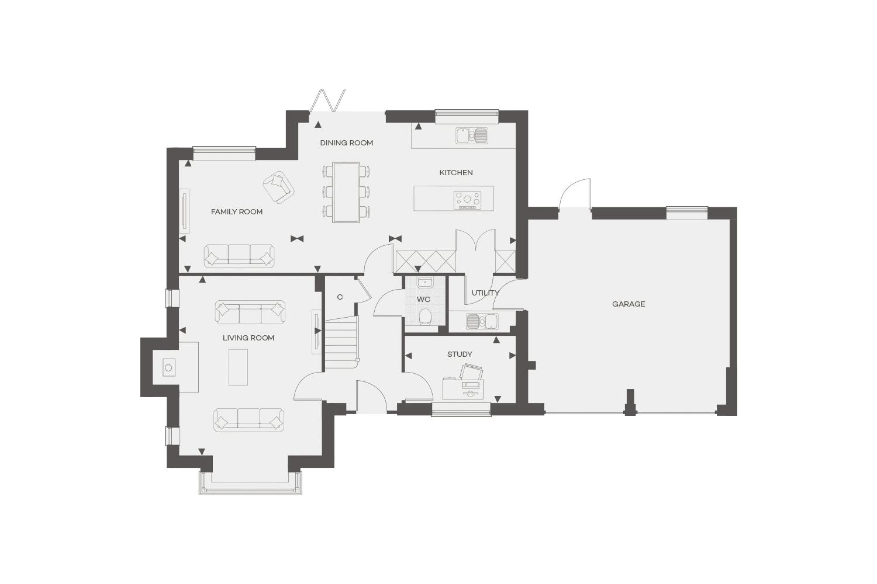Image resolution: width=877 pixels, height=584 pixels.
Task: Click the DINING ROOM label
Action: pyautogui.click(x=347, y=143)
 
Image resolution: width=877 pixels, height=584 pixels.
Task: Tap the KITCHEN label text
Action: pyautogui.click(x=456, y=172)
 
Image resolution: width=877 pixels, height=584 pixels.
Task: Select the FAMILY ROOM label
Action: pyautogui.click(x=236, y=211)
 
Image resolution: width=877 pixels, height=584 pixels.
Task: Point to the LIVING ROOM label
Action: pyautogui.click(x=248, y=338)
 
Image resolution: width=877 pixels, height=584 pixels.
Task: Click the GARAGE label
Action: pyautogui.click(x=629, y=304)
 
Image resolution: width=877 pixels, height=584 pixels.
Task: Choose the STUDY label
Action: pyautogui.click(x=460, y=354)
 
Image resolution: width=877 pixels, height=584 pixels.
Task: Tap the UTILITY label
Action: pyautogui.click(x=485, y=293)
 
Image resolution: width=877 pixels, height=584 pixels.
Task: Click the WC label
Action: pyautogui.click(x=424, y=300)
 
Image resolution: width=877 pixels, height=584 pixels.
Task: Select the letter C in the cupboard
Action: pyautogui.click(x=340, y=297)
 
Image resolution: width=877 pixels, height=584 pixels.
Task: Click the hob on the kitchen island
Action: pyautogui.click(x=467, y=200)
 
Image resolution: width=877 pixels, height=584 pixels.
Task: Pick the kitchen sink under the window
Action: pyautogui.click(x=472, y=135)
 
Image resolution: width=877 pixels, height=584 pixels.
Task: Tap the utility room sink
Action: pyautogui.click(x=482, y=322)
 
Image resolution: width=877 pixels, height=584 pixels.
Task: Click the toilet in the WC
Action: pyautogui.click(x=424, y=317)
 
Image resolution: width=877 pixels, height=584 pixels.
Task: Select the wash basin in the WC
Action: pyautogui.click(x=424, y=282)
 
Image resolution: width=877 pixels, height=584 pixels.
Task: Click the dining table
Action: pyautogui.click(x=346, y=193)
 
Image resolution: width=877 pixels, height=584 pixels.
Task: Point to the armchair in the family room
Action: pyautogui.click(x=278, y=187)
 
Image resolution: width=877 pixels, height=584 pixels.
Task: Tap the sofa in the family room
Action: pyautogui.click(x=239, y=256)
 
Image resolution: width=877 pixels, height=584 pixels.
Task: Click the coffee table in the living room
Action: pyautogui.click(x=238, y=367)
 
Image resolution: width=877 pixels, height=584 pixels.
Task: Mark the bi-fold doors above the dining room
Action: pyautogui.click(x=328, y=100)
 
